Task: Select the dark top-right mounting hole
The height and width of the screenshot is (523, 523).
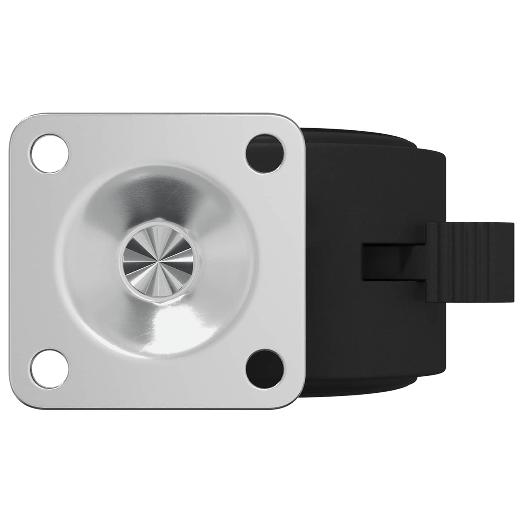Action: tap(265, 153)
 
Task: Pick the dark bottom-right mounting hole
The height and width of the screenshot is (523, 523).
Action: tap(265, 369)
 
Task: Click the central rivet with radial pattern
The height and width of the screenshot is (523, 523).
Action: tap(158, 261)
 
